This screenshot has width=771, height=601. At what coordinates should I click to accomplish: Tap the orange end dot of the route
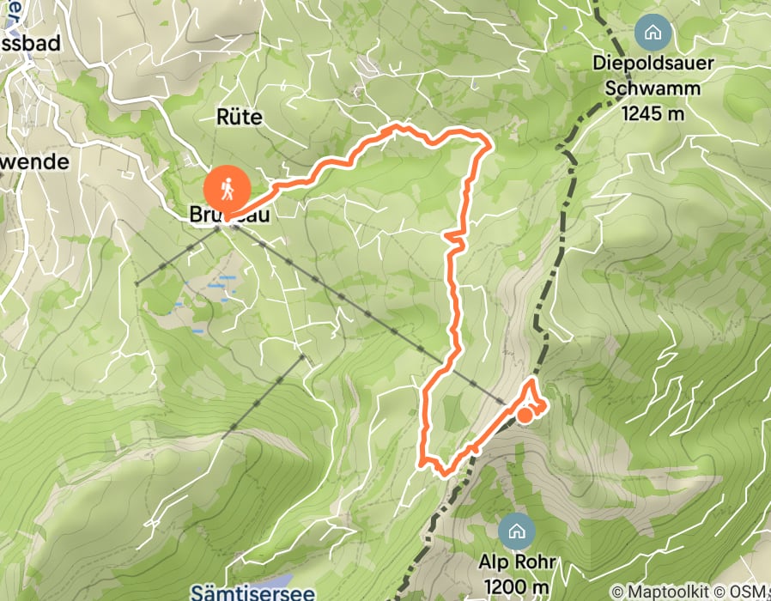(525, 416)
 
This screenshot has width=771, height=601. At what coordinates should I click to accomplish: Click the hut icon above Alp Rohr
(516, 530)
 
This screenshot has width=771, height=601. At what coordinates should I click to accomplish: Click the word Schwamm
(653, 88)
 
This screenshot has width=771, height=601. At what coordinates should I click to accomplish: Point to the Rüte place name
(240, 117)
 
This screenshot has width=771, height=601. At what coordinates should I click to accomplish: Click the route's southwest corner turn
(422, 462)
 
